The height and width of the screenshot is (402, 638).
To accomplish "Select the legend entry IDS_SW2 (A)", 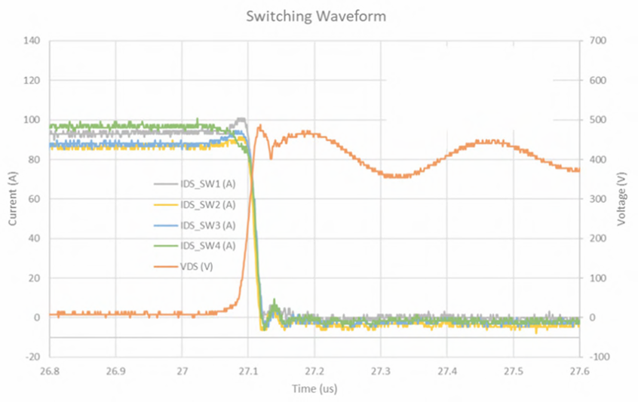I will pos(207,205).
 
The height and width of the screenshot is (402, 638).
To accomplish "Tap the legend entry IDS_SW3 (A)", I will pos(207,226).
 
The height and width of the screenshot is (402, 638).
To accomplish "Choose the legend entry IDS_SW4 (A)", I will pos(207,246).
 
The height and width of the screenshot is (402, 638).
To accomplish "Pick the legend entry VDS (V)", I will pos(199,266).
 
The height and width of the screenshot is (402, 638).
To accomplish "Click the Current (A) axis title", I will pos(13,198).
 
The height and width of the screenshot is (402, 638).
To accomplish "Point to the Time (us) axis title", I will pos(315,388).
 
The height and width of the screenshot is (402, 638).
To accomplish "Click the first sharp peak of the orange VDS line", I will pos(260,126).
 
